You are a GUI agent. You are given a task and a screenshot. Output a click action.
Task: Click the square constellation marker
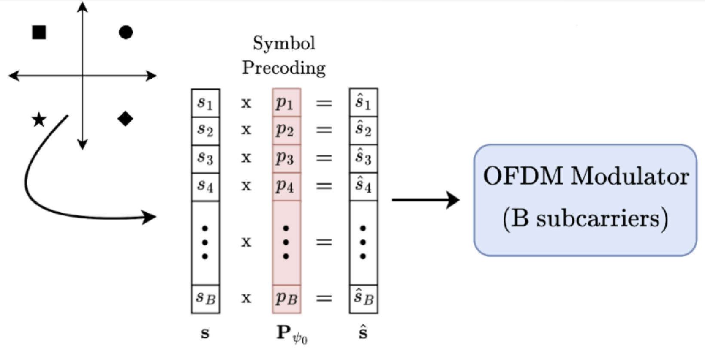(x=39, y=32)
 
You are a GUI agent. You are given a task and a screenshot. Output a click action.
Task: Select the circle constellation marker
(x=126, y=32)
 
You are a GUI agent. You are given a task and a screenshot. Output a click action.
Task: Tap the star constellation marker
(x=39, y=120)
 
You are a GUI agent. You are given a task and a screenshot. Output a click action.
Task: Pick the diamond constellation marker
(x=126, y=119)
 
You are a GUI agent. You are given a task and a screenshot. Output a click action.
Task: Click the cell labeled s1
(x=205, y=103)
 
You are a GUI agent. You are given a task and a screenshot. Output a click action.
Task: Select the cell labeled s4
(x=205, y=186)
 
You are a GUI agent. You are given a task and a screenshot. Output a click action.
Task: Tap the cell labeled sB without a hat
(x=205, y=298)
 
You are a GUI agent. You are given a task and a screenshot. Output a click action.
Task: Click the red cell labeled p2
(x=286, y=130)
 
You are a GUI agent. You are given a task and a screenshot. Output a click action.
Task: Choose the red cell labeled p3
(x=286, y=158)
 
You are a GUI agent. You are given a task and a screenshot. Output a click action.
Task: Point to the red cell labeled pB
(x=286, y=298)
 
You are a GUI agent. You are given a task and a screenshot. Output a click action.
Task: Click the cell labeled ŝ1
(x=363, y=102)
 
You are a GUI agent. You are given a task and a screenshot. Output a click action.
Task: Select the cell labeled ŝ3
(x=363, y=158)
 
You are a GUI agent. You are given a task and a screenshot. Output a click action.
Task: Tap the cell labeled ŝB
(x=363, y=298)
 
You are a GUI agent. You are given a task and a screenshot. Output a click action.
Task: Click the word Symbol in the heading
(x=284, y=43)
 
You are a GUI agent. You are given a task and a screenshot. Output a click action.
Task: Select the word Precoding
(x=284, y=68)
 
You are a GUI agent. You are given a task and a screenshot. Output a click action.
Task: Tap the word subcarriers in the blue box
(x=597, y=218)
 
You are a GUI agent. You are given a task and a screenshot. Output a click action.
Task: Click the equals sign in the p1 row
(x=324, y=103)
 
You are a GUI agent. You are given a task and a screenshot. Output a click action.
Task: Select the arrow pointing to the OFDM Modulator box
(x=426, y=200)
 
